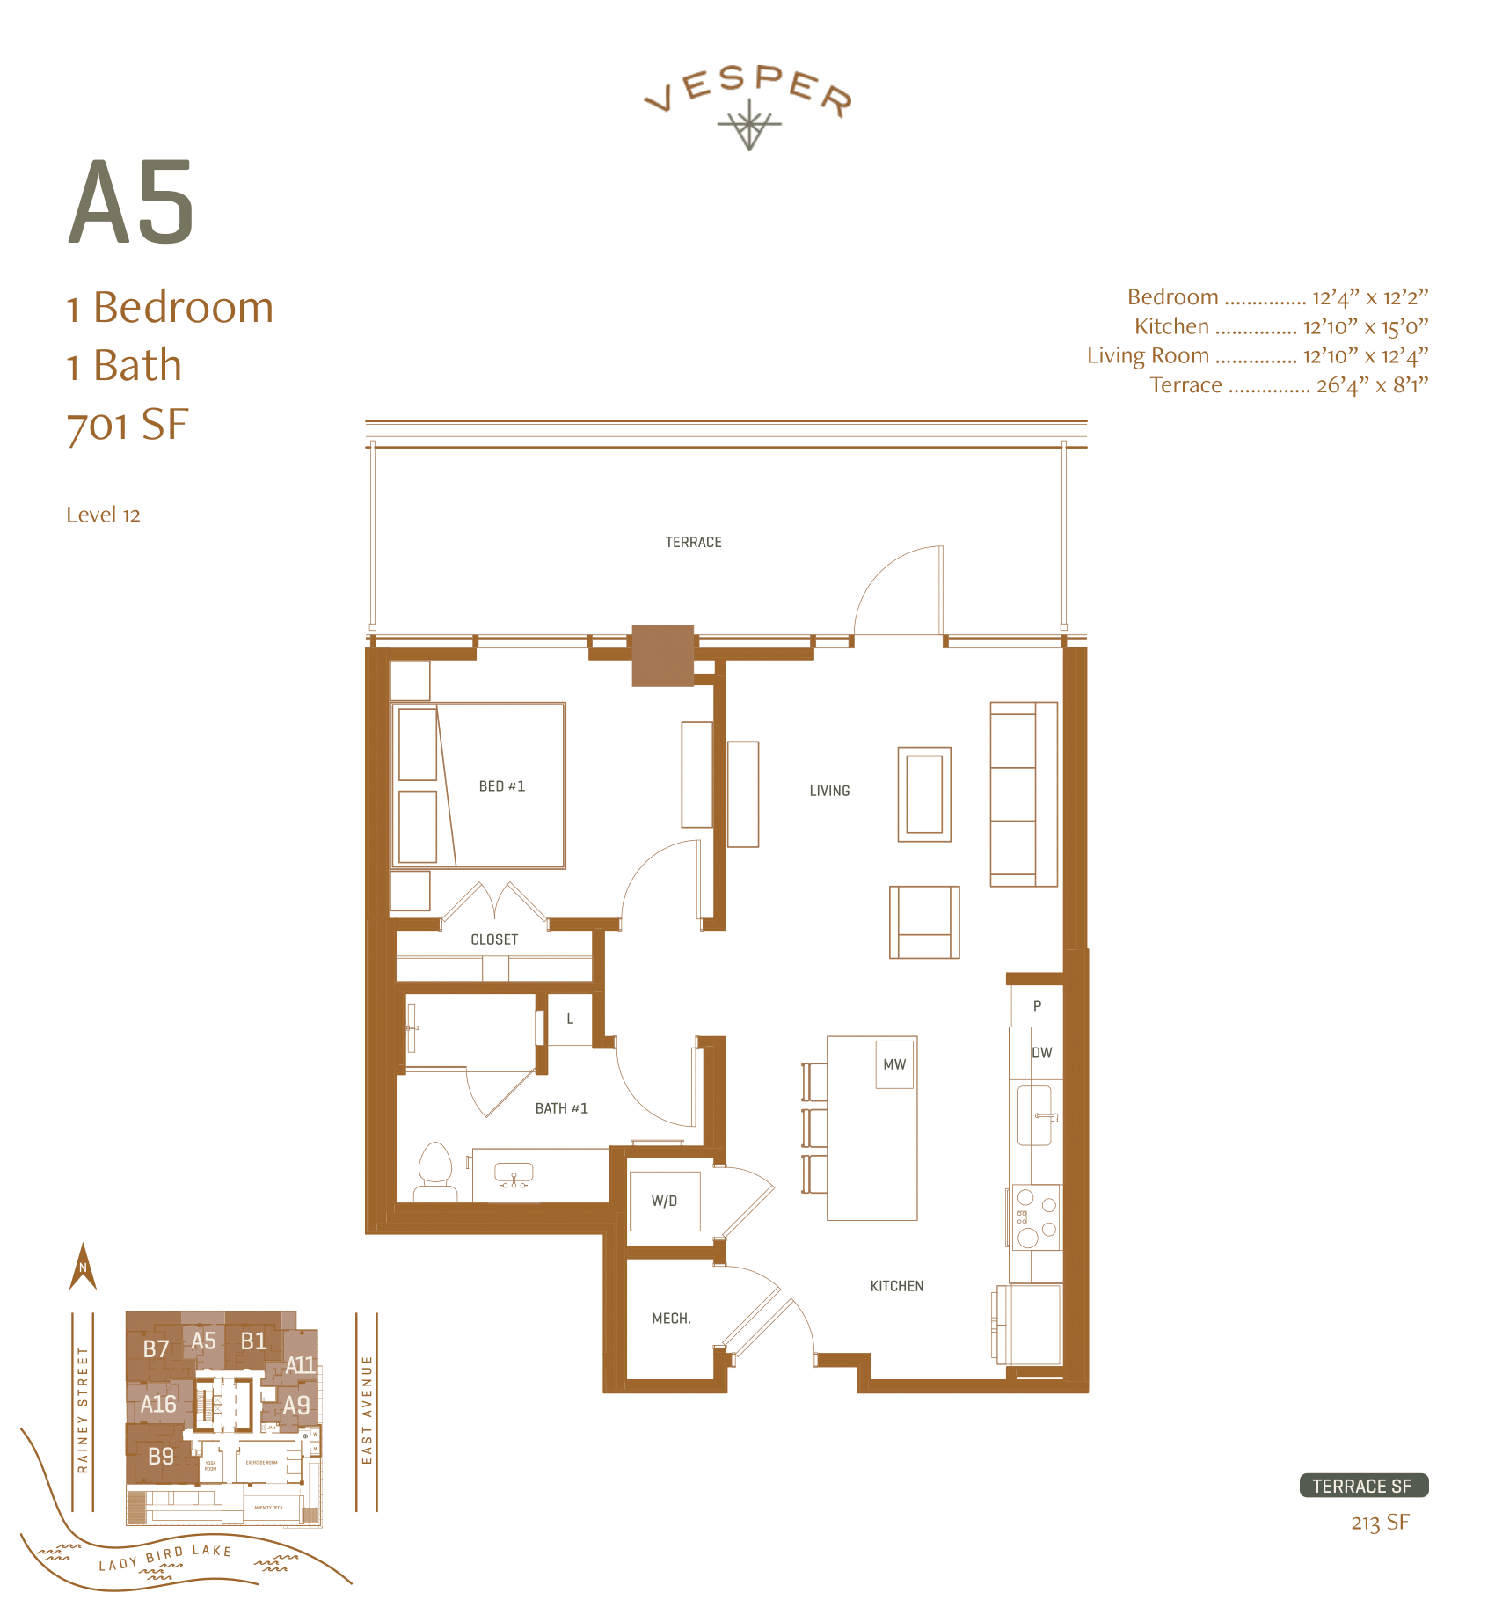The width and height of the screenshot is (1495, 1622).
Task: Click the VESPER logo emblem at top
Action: click(x=748, y=124)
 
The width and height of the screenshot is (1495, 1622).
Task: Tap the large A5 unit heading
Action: click(x=132, y=204)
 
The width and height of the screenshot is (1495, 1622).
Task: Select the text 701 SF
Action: click(x=128, y=425)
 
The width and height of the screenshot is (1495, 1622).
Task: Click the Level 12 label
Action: click(x=103, y=515)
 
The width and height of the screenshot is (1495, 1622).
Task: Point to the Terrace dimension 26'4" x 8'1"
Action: click(x=1371, y=385)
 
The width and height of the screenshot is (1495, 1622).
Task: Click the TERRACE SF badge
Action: click(x=1363, y=1486)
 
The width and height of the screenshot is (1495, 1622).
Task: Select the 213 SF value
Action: click(x=1380, y=1523)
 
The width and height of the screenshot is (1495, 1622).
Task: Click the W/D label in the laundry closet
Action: click(x=664, y=1201)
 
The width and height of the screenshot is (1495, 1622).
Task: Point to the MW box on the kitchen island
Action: click(x=894, y=1064)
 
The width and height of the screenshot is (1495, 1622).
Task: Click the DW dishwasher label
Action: click(x=1041, y=1053)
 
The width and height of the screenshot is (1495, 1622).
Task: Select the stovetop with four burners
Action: click(x=1036, y=1217)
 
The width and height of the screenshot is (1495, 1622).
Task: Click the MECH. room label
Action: click(x=671, y=1319)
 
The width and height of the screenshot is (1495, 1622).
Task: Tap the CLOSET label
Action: click(x=494, y=939)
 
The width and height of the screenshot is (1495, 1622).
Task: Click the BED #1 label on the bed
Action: click(x=501, y=786)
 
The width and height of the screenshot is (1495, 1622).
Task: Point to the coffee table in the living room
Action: click(x=924, y=794)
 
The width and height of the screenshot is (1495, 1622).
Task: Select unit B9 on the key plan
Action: click(x=161, y=1456)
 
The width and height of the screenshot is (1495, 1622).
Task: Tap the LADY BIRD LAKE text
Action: click(x=164, y=1557)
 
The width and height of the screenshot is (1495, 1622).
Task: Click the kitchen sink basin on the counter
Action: click(x=1034, y=1115)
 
